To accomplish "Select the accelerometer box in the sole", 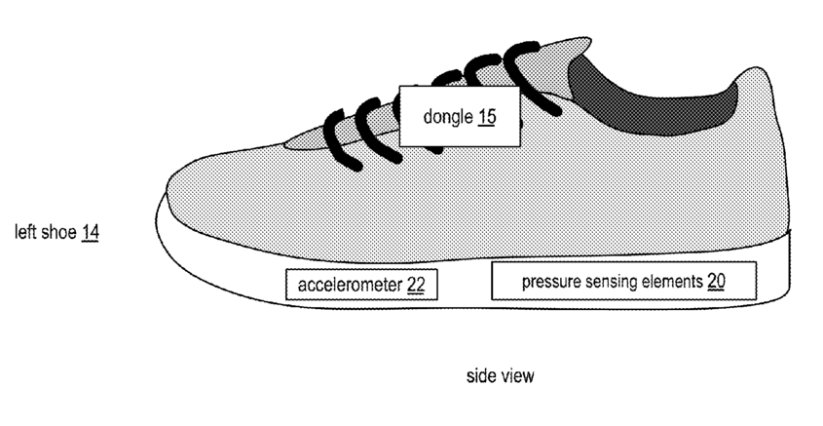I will (x=361, y=285).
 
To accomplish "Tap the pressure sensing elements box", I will (x=622, y=281).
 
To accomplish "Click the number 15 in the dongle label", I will (x=486, y=117).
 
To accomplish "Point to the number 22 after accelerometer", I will (x=416, y=286).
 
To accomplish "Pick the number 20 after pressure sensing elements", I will (x=716, y=282).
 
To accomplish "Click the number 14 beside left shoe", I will (x=90, y=233).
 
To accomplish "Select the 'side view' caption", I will (x=500, y=375).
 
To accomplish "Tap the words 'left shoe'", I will (x=45, y=233).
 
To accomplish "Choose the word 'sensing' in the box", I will (x=608, y=282).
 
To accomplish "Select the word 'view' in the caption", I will (x=516, y=375).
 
